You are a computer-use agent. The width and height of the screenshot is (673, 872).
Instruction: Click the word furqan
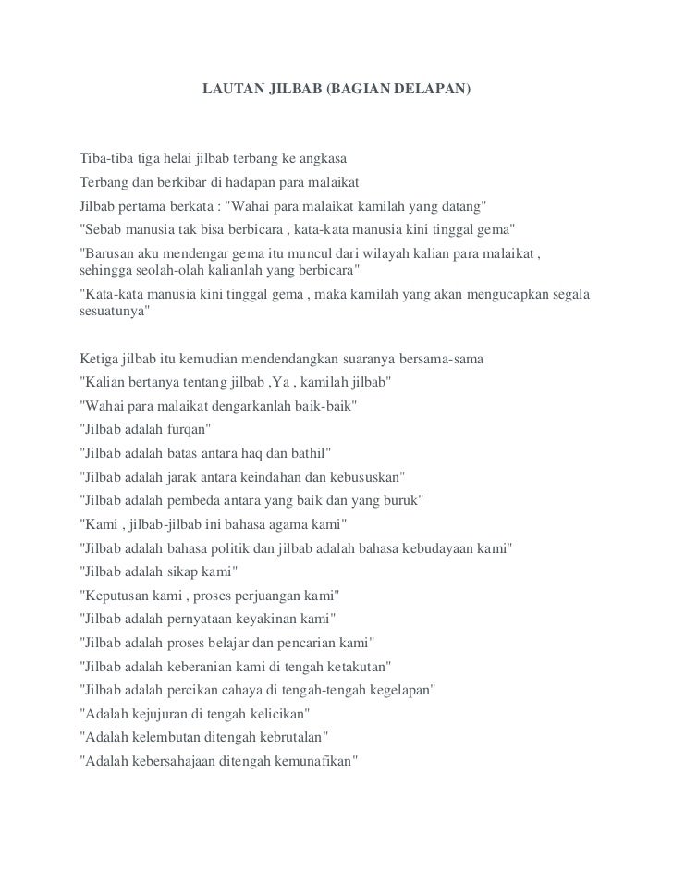click(x=189, y=430)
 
